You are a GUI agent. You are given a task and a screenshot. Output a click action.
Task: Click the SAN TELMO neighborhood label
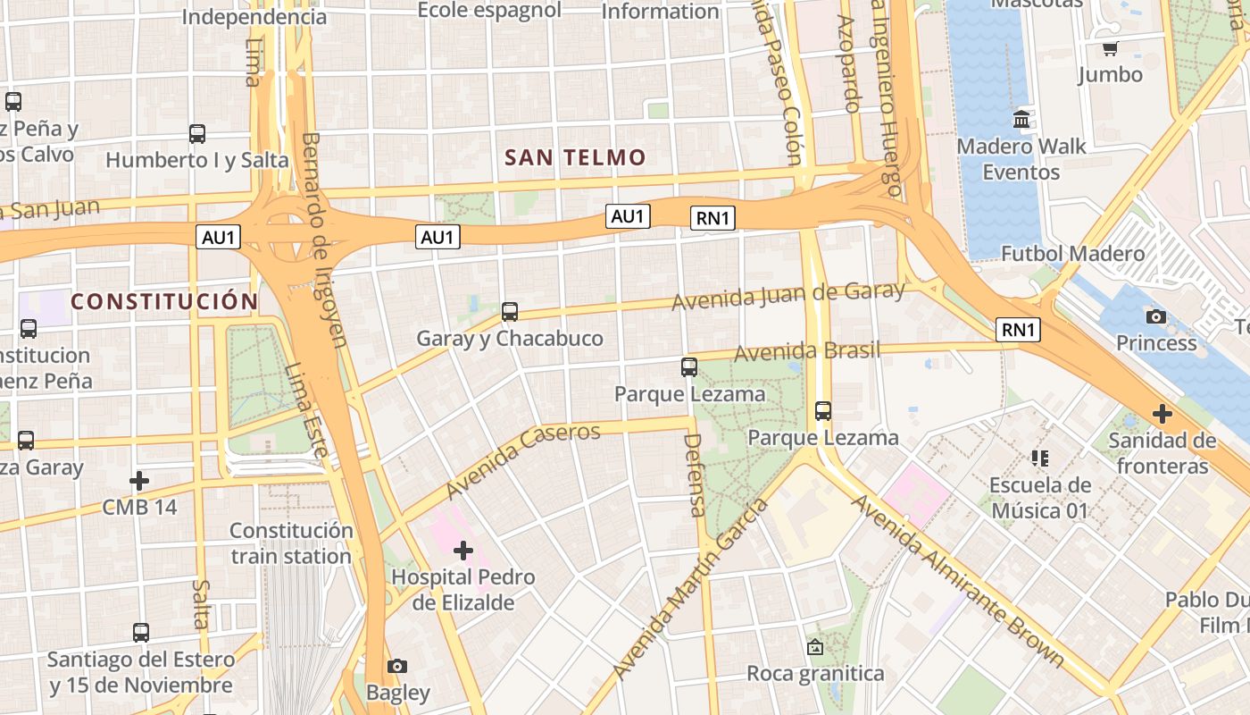tap(575, 158)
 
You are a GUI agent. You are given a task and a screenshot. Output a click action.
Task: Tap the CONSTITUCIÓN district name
tap(164, 302)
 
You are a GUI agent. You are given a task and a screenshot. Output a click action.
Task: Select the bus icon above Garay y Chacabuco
tap(510, 312)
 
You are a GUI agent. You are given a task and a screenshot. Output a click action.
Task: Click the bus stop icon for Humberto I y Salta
tap(197, 134)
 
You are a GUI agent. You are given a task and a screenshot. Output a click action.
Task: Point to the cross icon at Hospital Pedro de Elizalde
tap(462, 551)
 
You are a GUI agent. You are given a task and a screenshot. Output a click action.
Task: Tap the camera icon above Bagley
tap(397, 666)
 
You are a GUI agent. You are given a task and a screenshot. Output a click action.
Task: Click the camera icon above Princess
tap(1156, 316)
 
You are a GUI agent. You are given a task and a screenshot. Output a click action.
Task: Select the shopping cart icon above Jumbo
tap(1110, 48)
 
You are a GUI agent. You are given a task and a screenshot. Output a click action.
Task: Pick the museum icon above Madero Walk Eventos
tap(1021, 119)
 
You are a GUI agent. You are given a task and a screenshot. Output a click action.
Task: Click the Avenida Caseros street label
tap(523, 460)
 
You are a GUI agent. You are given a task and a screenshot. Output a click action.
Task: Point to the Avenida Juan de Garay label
tap(787, 296)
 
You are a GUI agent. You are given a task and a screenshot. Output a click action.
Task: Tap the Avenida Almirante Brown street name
tap(957, 580)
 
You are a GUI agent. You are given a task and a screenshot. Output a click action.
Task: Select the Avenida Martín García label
tap(690, 589)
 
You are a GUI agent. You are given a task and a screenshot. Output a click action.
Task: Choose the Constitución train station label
tap(291, 543)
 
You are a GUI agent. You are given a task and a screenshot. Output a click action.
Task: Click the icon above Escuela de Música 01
tap(1039, 458)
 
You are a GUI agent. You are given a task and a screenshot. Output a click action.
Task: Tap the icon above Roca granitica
tap(814, 647)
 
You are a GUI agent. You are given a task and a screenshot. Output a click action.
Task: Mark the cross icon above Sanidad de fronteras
tap(1162, 414)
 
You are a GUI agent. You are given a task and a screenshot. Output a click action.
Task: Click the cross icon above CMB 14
tap(139, 481)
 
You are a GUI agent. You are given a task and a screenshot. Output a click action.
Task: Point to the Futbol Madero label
tap(1072, 254)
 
